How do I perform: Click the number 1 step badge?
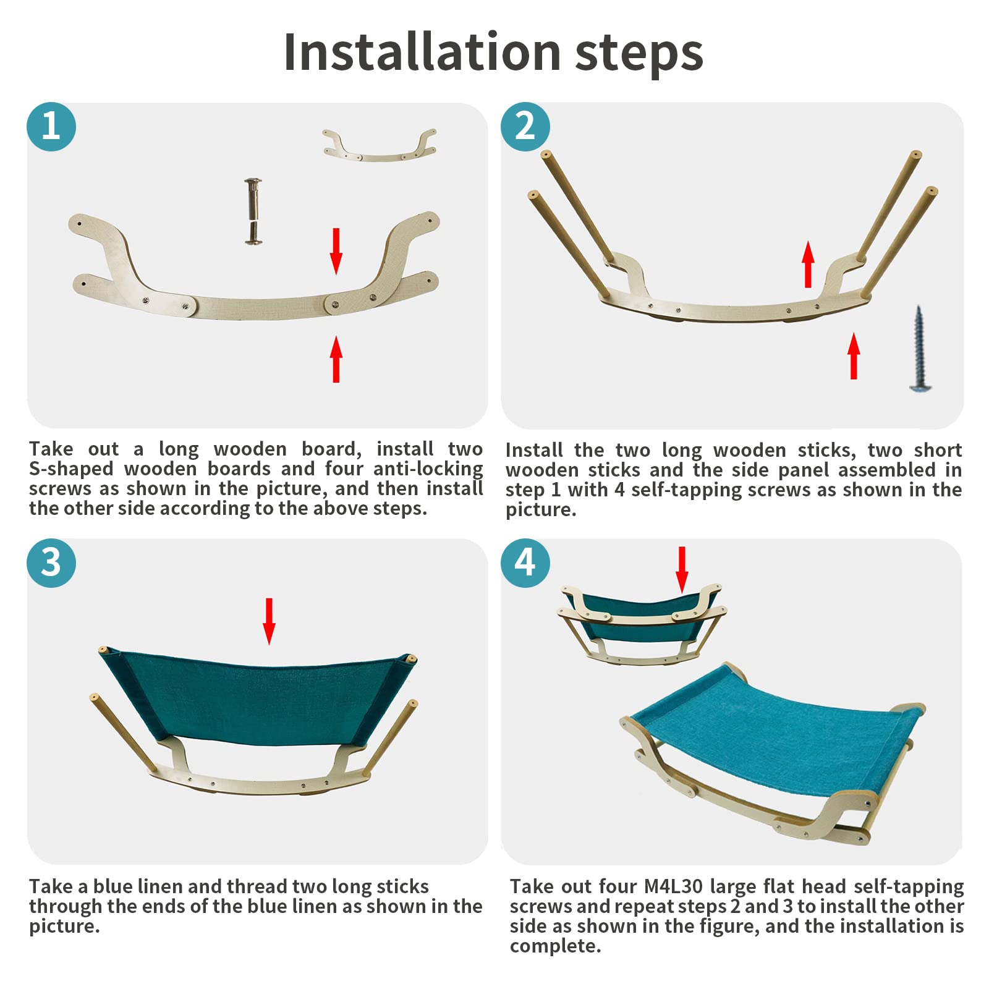point(51,127)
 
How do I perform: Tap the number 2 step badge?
point(525,127)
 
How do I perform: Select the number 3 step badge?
point(51,562)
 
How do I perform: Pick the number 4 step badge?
point(525,562)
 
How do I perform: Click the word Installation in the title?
point(422,52)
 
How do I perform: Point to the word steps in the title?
point(639,55)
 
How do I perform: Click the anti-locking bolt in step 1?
point(253,211)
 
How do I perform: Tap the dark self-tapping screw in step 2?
point(920,349)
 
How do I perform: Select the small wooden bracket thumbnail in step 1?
point(380,145)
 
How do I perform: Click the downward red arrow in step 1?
point(336,251)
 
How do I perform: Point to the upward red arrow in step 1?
point(336,359)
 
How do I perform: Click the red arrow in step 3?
point(269,621)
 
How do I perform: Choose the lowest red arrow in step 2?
point(854,356)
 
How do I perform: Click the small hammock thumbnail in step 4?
point(642,624)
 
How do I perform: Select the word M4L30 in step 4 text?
point(673,886)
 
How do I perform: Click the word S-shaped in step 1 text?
point(71,469)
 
